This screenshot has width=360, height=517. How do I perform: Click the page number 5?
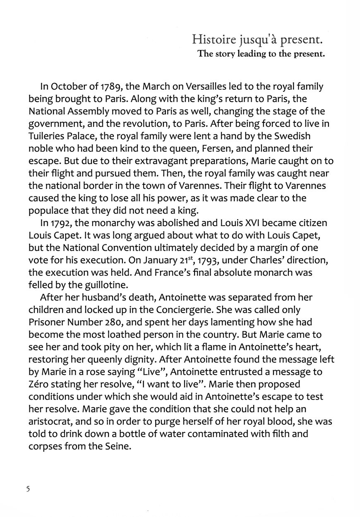(28, 489)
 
